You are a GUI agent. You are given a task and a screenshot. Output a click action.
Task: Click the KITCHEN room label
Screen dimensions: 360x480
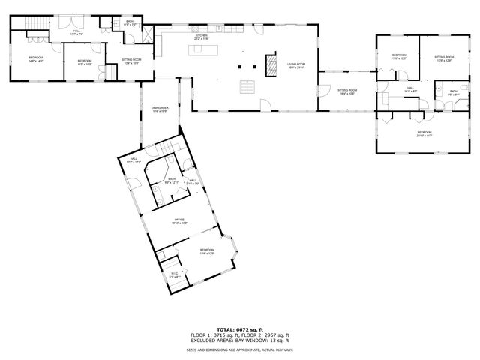201,37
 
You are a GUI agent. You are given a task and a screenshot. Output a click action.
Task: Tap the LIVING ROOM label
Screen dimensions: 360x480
296,65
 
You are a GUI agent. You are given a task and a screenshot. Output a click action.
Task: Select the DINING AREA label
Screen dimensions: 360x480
159,109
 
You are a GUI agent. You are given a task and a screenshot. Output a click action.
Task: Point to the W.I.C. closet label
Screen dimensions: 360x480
174,275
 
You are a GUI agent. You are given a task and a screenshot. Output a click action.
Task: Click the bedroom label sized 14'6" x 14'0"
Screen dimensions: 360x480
36,59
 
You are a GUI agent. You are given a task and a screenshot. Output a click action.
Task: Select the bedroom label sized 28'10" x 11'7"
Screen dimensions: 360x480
424,134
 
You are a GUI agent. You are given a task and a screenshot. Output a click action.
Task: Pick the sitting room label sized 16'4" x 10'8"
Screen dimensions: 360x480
346,91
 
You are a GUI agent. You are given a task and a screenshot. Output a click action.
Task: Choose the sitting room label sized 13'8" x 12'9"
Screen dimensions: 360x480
444,58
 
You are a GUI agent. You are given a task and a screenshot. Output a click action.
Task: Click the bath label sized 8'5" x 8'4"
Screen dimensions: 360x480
453,94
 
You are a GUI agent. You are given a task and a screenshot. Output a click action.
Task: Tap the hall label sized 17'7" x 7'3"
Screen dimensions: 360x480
76,32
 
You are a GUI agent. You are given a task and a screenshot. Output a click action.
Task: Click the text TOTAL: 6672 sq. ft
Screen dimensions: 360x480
240,329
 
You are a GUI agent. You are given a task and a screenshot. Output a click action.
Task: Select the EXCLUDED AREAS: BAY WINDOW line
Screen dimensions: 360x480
240,340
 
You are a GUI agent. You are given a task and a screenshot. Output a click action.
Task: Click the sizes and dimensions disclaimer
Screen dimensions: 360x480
240,349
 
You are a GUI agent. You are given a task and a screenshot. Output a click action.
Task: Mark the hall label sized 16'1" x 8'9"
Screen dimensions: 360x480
411,90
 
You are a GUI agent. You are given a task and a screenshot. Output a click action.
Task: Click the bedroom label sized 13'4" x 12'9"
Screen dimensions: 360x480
207,251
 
